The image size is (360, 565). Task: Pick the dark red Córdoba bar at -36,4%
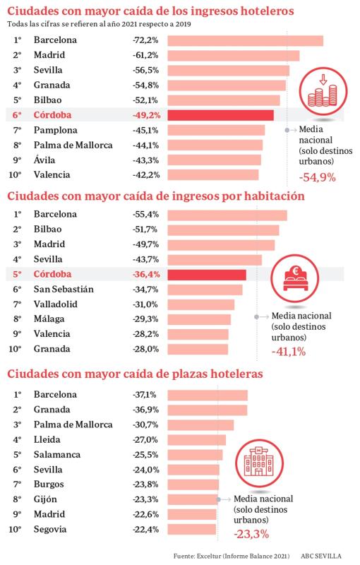click(207, 274)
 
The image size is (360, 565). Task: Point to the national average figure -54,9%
click(317, 177)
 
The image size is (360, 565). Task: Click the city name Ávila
click(45, 160)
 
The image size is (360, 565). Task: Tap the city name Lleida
click(47, 439)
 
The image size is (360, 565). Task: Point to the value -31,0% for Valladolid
click(145, 304)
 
